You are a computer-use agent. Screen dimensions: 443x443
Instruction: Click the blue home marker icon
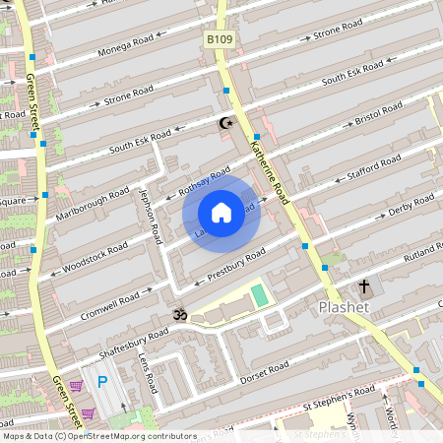221,213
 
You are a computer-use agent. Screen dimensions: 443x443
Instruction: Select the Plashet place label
345,307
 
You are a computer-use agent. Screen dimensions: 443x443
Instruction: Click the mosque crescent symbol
226,123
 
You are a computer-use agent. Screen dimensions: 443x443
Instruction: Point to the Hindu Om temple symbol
179,315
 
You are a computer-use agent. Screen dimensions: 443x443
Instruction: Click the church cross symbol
364,287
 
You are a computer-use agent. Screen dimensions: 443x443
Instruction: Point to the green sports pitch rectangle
259,295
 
